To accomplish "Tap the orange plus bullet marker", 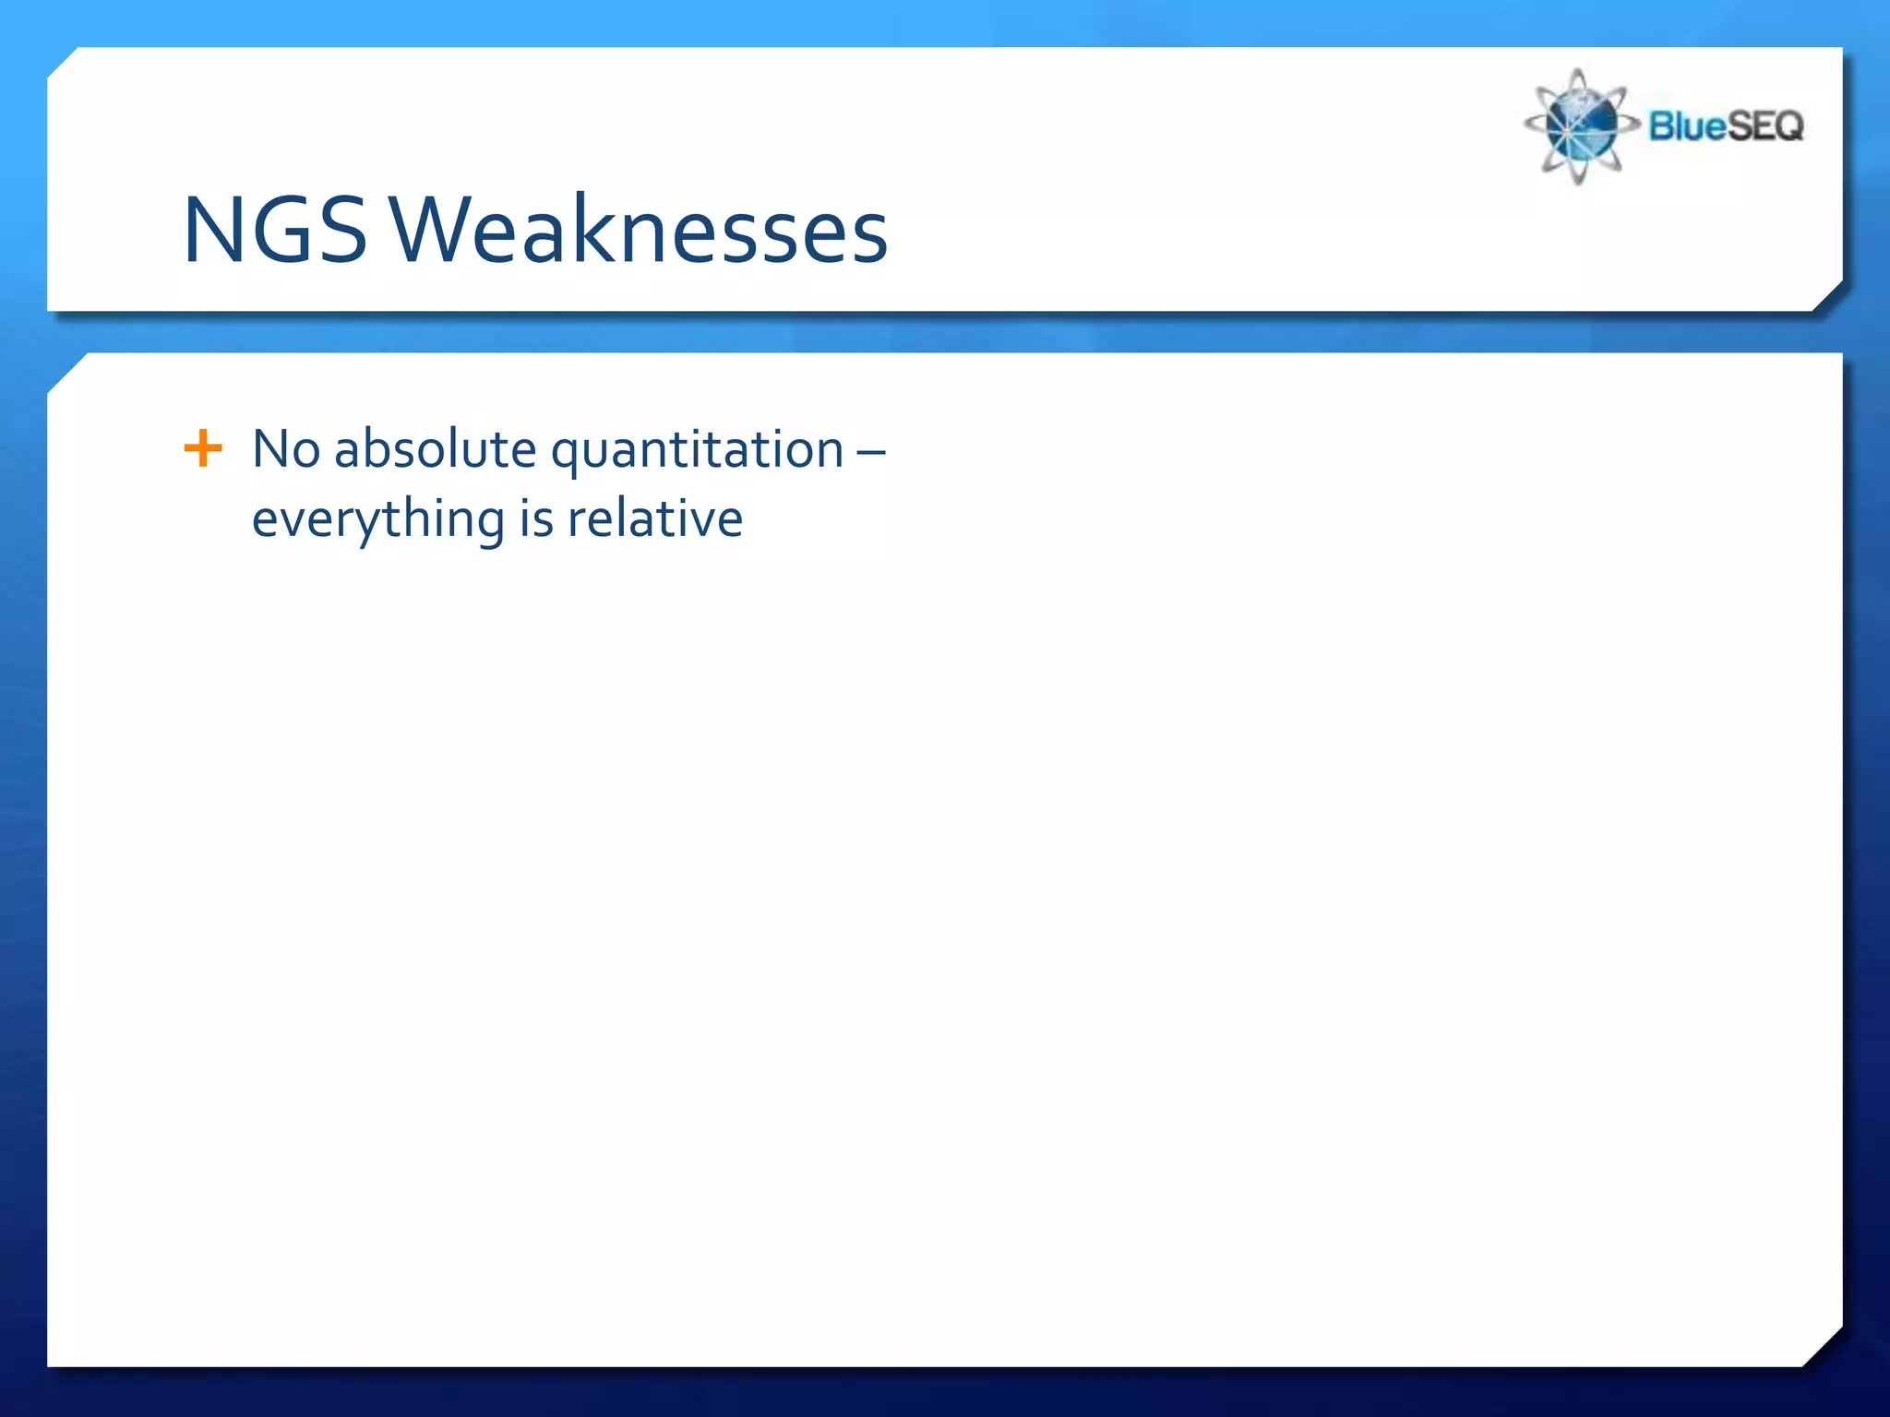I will pos(203,449).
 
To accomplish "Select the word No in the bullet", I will pos(286,449).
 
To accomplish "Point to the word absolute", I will pos(435,449).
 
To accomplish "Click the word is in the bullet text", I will pos(535,518).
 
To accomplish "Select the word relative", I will pos(654,518).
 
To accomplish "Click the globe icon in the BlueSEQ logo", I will pos(1579,125).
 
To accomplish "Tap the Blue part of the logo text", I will pos(1688,125).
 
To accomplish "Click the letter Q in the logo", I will pos(1787,125).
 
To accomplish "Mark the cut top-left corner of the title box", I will pos(63,62).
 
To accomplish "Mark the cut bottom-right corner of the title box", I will pos(1827,296).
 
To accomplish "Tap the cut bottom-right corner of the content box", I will pos(1824,1348).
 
